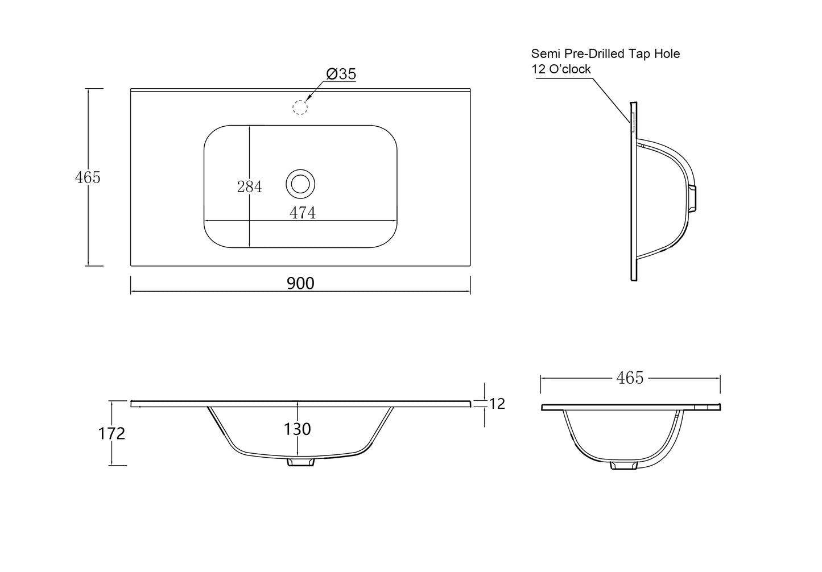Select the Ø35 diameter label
[341, 74]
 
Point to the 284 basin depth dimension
[250, 186]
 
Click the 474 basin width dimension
[303, 213]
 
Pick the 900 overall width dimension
[300, 283]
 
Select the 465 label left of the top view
[88, 177]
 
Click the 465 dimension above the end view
[630, 378]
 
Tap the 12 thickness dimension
[497, 404]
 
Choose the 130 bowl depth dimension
[298, 429]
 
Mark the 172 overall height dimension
[111, 434]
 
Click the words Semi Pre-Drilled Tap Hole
[605, 53]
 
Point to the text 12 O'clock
[561, 69]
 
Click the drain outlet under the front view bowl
[300, 462]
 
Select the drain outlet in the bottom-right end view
[624, 466]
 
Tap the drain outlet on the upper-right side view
[692, 198]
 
